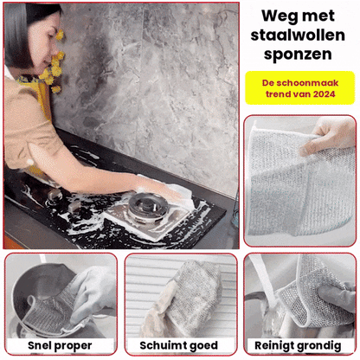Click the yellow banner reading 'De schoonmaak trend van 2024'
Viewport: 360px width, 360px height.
(299, 87)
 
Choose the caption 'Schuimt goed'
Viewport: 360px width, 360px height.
(179, 346)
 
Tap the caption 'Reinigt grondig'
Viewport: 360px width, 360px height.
(300, 346)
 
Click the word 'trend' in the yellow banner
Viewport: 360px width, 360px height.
(286, 93)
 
